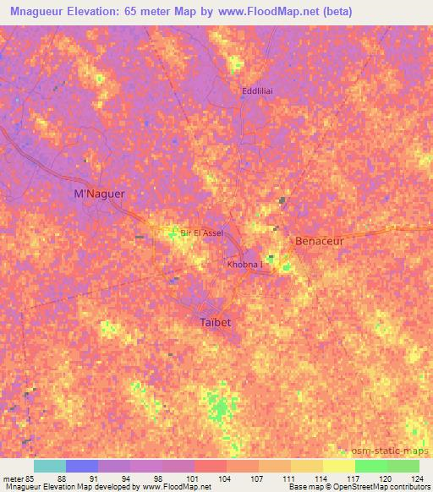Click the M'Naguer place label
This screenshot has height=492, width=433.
coord(100,194)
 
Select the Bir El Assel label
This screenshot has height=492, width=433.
coord(201,232)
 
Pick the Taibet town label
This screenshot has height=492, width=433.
coord(215,323)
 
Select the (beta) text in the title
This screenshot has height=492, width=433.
coord(334,12)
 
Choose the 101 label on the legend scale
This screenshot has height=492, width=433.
coord(194,478)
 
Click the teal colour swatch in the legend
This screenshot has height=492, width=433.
coord(50,466)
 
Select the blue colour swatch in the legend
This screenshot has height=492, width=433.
coord(82,466)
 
